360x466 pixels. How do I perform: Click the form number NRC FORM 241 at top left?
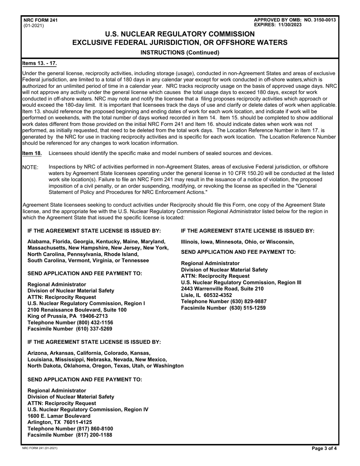click(x=41, y=20)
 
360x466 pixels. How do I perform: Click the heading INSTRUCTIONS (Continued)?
click(x=180, y=53)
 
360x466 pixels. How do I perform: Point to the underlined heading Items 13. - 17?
click(x=40, y=63)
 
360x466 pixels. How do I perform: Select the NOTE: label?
click(x=31, y=167)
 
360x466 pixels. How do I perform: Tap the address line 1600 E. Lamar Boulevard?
click(x=59, y=416)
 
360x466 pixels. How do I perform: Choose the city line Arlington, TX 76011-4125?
click(x=60, y=422)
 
